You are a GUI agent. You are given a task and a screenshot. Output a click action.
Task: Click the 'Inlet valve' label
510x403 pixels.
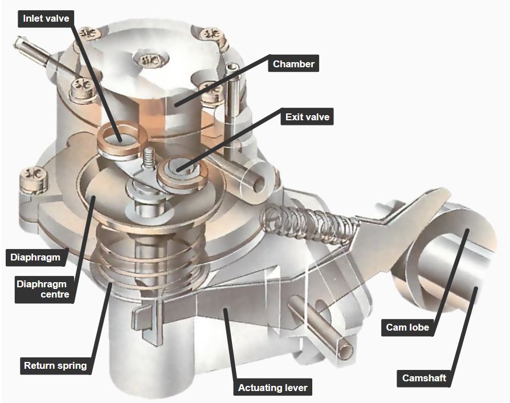tap(47, 18)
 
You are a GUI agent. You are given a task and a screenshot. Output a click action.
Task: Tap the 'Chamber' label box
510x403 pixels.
tap(293, 63)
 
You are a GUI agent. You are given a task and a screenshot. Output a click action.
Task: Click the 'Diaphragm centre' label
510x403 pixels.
tap(42, 289)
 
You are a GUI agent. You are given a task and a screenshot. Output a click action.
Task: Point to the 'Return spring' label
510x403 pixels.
tap(55, 365)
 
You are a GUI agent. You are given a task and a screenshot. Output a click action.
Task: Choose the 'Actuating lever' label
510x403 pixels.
tap(272, 388)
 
